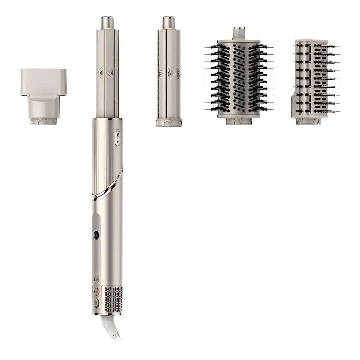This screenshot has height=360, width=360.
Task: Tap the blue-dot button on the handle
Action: click(97, 235)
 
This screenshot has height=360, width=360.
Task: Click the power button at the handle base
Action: click(96, 303)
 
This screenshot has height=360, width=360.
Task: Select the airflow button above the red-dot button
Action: click(97, 279)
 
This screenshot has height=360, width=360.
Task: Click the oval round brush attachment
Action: click(239, 76)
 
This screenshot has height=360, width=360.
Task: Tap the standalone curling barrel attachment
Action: click(169, 71)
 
